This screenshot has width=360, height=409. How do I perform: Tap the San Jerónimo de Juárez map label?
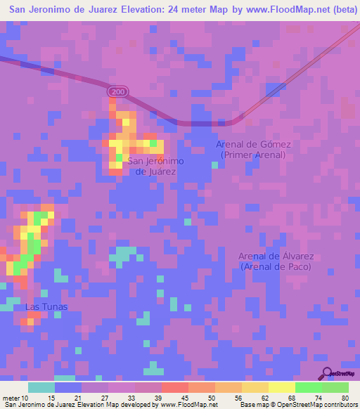click(x=155, y=166)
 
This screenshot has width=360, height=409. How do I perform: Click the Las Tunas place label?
click(x=41, y=307)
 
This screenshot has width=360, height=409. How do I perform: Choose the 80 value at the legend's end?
click(x=345, y=397)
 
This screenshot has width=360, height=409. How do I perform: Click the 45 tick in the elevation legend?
click(x=186, y=397)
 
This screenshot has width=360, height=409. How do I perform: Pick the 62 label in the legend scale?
click(x=264, y=397)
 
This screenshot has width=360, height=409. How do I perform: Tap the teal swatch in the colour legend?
click(x=41, y=387)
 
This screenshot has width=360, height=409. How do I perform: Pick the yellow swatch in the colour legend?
click(x=282, y=387)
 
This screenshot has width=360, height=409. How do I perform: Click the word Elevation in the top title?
click(x=130, y=9)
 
